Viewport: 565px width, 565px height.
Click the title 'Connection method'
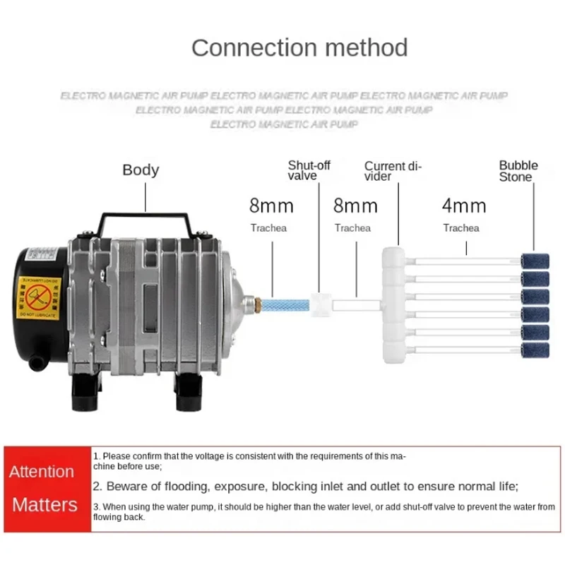click(299, 47)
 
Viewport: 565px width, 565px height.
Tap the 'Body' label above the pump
click(141, 169)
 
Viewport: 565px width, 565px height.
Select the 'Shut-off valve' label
click(309, 170)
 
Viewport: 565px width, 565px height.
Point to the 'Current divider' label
click(392, 171)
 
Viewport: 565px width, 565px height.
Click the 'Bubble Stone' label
click(518, 171)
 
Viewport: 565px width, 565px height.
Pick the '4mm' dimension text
click(464, 206)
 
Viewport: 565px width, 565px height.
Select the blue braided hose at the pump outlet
click(295, 298)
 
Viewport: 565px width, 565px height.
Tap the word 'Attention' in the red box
click(42, 471)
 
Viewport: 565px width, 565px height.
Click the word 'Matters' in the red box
click(45, 504)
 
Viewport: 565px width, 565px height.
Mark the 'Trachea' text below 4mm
click(461, 228)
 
